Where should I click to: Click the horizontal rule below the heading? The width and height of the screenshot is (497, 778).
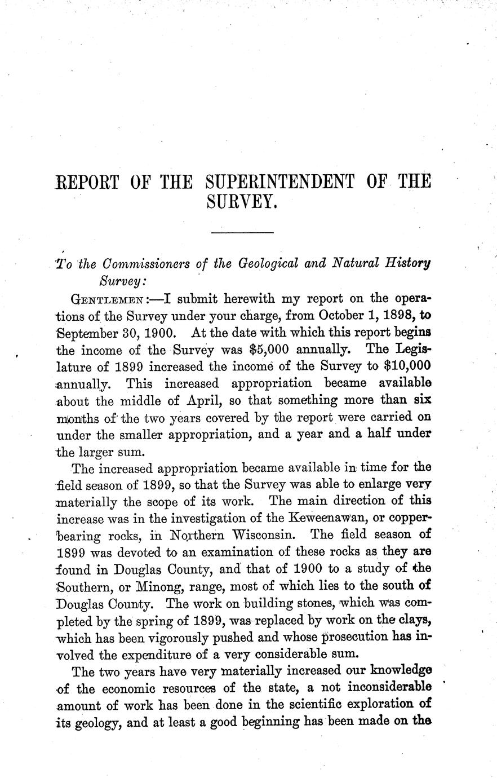coord(242,232)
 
